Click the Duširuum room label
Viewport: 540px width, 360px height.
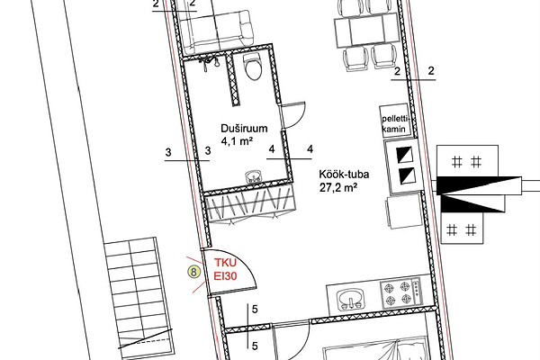tap(244, 129)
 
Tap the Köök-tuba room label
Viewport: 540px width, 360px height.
tap(344, 174)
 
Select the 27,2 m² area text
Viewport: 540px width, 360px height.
tap(337, 188)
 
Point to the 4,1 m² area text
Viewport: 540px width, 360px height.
tap(238, 141)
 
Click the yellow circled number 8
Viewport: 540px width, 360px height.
tap(193, 272)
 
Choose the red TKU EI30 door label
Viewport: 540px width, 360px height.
tap(226, 269)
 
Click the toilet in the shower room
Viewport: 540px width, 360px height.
tap(253, 67)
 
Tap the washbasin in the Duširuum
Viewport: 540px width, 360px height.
tap(254, 177)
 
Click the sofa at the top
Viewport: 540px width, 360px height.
tap(216, 33)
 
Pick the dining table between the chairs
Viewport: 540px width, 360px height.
tap(366, 31)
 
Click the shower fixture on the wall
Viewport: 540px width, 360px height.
tap(209, 62)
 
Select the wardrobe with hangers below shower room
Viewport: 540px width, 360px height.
tap(250, 208)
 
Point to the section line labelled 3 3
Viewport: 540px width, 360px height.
tap(187, 160)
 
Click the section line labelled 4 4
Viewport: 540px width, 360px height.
tap(289, 158)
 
